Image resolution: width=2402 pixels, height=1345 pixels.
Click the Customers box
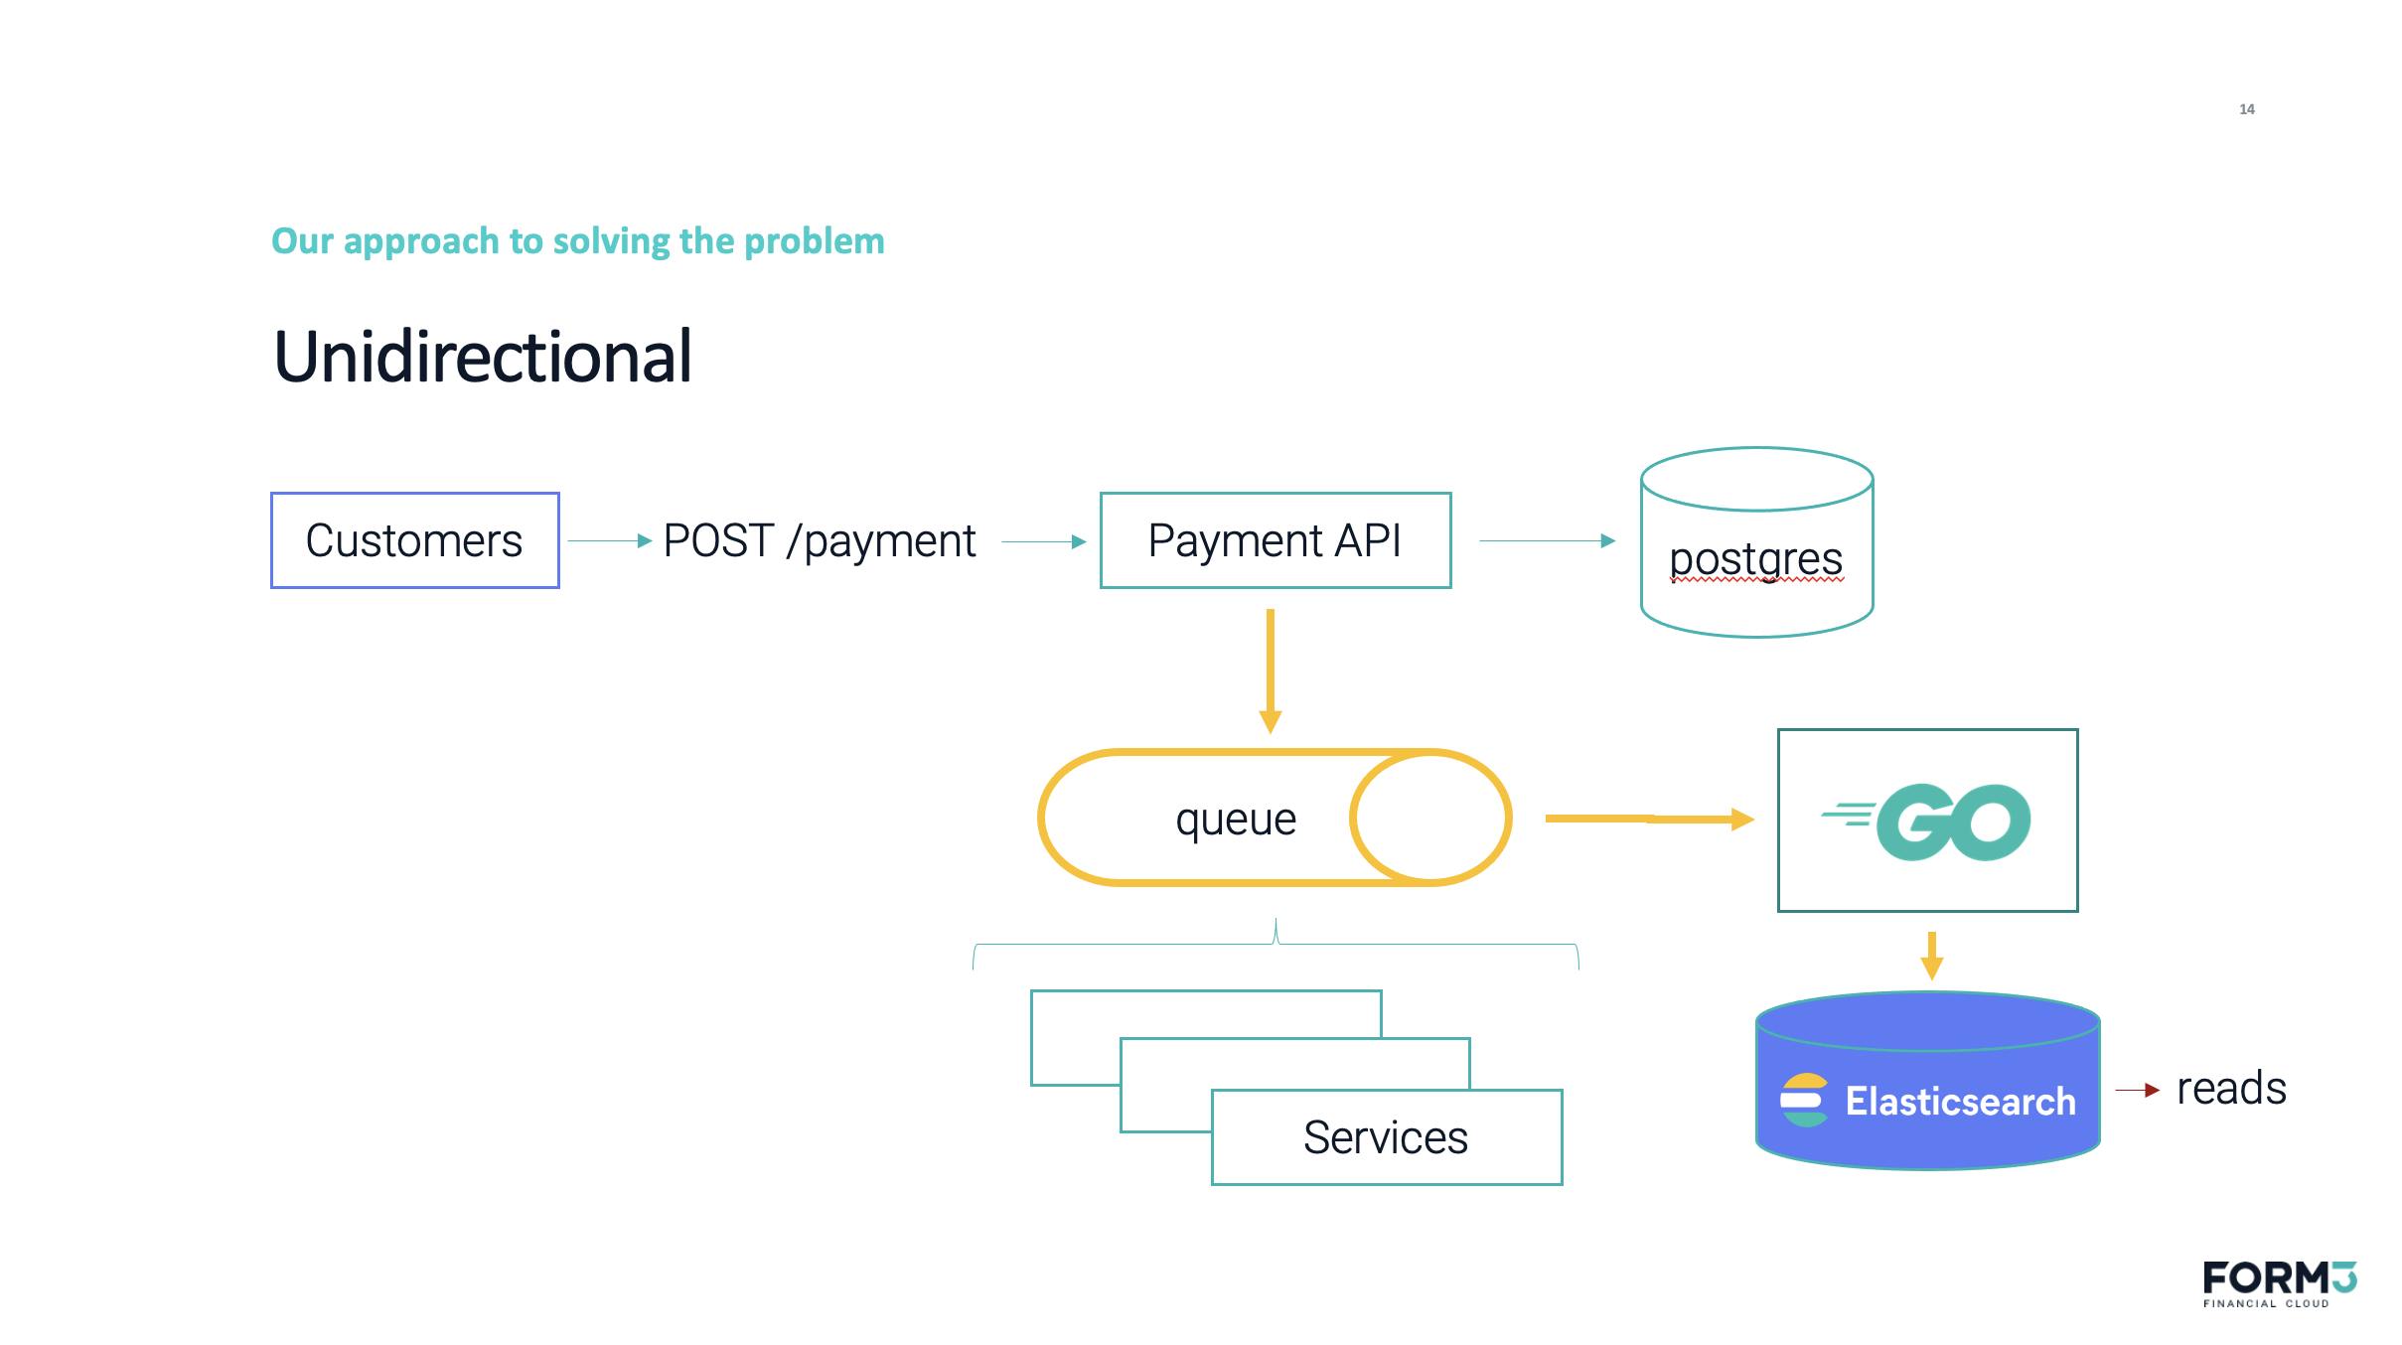(415, 540)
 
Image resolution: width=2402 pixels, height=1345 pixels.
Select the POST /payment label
(819, 541)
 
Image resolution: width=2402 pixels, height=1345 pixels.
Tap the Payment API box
(1276, 540)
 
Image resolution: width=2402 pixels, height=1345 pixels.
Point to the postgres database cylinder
(1756, 542)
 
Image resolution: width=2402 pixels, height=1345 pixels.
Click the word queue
(1236, 821)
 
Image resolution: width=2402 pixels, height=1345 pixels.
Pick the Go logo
(1926, 822)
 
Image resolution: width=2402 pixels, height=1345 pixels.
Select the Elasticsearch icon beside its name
(1804, 1101)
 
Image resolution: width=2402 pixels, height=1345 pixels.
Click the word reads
(2231, 1089)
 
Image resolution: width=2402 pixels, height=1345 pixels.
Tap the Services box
(1387, 1137)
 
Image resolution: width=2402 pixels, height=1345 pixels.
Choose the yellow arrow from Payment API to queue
(1270, 672)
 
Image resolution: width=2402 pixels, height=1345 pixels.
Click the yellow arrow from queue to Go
(1650, 819)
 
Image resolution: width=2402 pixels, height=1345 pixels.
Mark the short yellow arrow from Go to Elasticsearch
(1931, 956)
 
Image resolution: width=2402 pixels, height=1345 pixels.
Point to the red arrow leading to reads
(2138, 1090)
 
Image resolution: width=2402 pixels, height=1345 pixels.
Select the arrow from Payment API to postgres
(1548, 540)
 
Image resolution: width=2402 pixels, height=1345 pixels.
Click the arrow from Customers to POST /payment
(610, 540)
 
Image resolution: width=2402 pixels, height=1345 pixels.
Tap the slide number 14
(2247, 109)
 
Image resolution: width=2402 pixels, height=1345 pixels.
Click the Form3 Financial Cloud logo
(2280, 1283)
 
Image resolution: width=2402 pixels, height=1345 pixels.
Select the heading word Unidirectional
(483, 356)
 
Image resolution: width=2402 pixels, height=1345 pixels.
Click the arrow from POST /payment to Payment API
(1044, 541)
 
